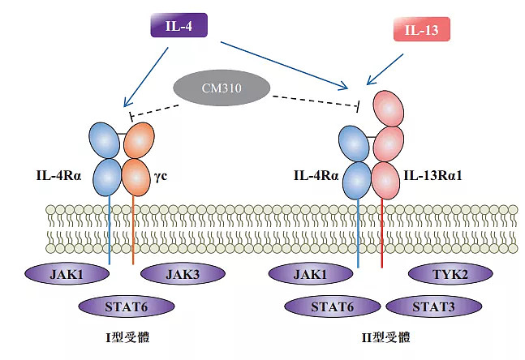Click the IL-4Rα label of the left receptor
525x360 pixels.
(61, 174)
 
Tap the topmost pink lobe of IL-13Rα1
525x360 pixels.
(389, 108)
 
